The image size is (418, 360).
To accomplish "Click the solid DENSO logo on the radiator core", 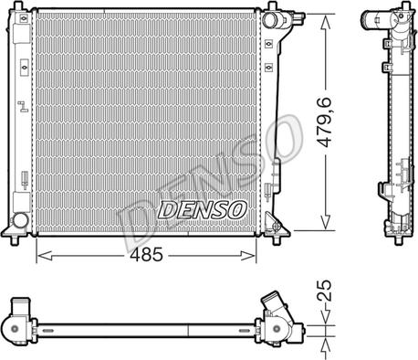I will [x=202, y=210].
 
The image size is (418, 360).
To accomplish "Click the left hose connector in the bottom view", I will [x=22, y=323].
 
